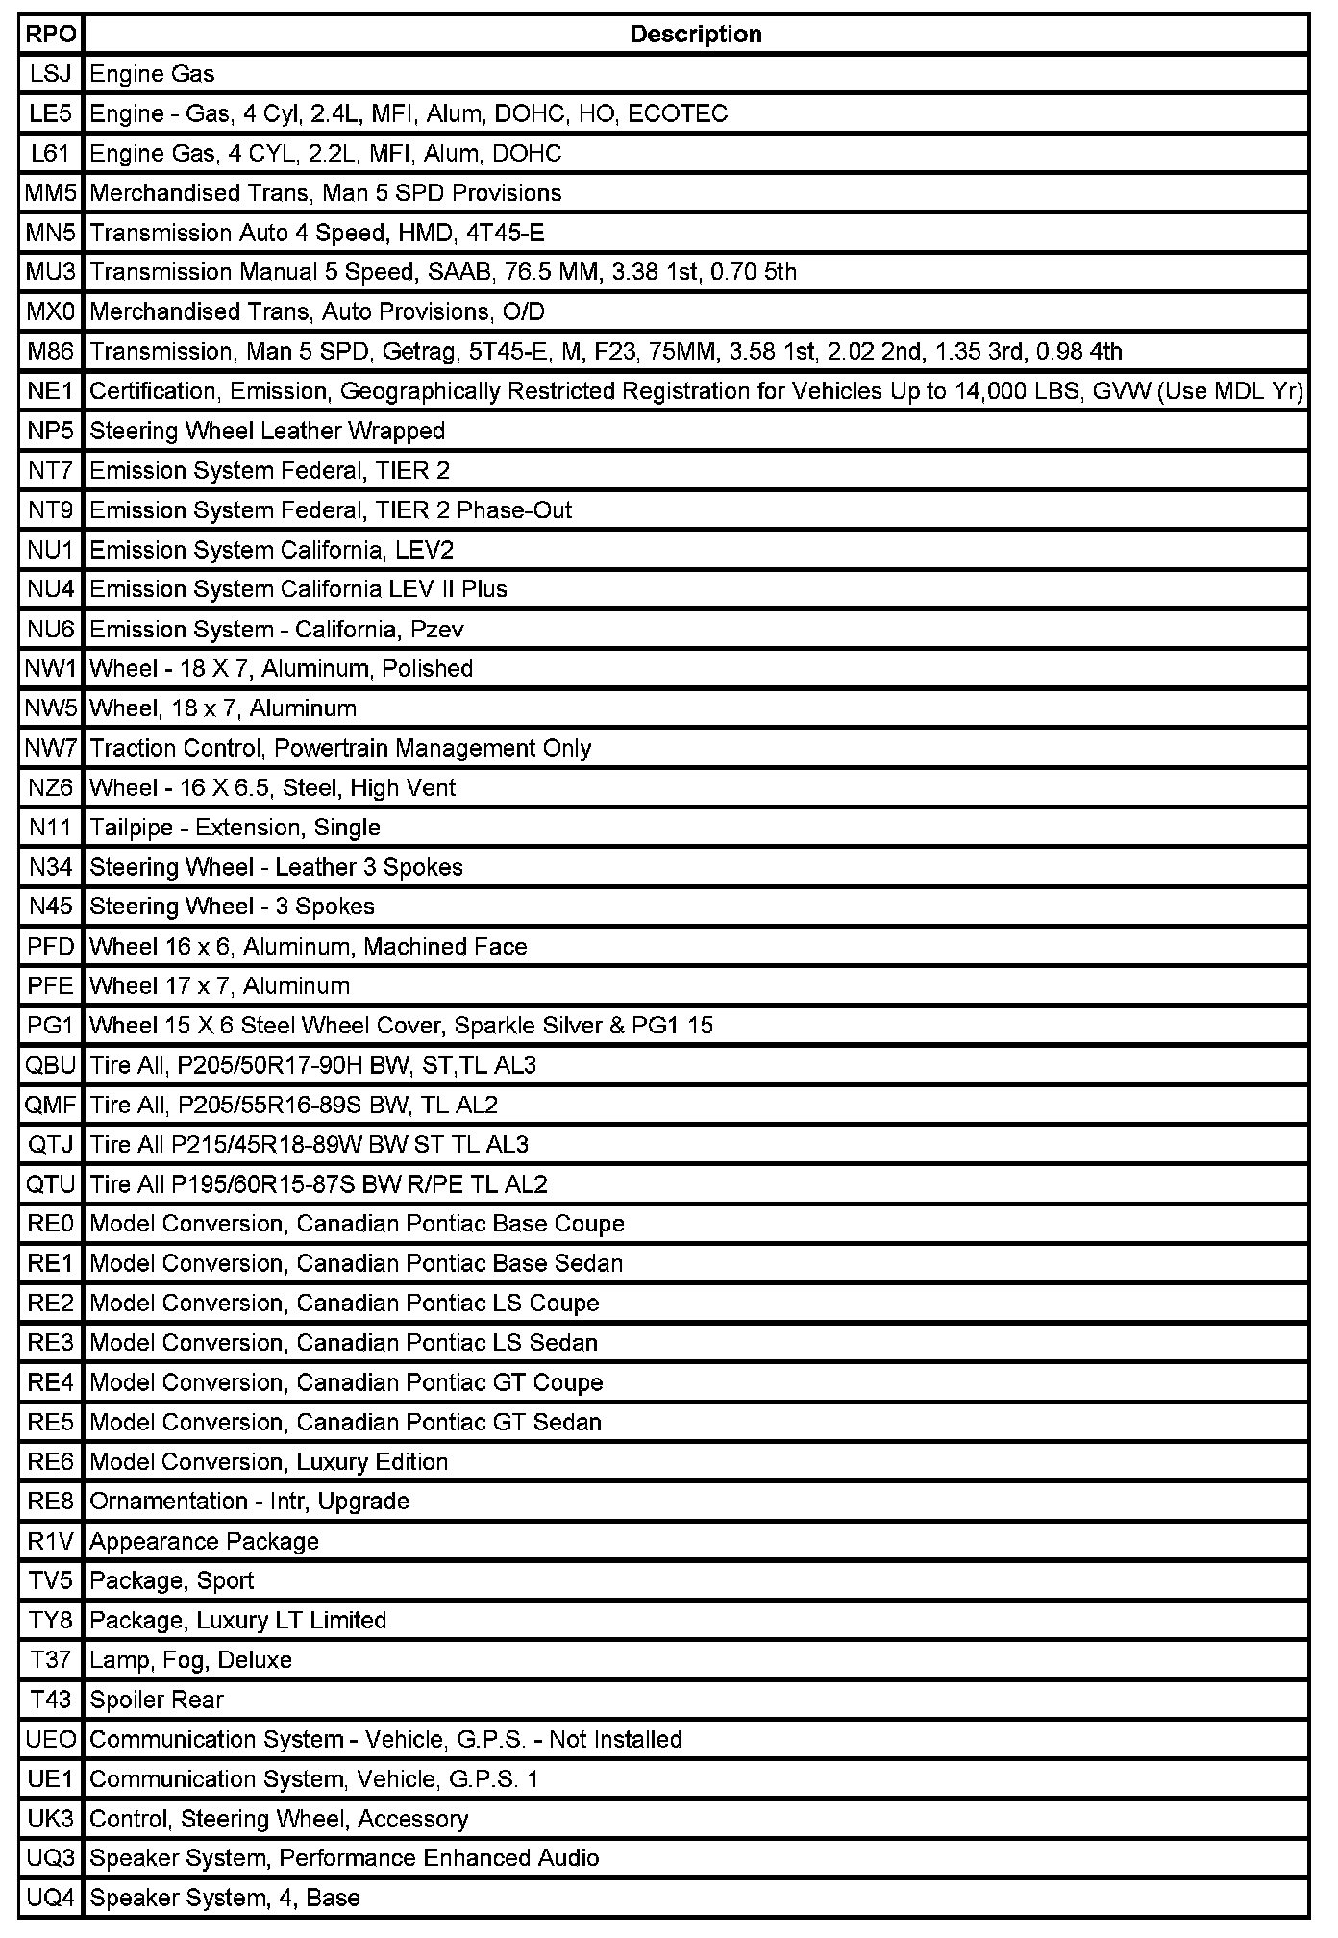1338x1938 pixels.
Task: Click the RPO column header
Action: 51,35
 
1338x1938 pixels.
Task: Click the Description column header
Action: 696,35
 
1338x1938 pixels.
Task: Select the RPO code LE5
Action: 51,114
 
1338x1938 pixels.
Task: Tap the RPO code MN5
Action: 51,233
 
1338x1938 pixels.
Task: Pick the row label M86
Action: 51,352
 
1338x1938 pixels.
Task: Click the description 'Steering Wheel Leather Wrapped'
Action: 267,431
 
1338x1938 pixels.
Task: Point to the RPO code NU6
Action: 51,630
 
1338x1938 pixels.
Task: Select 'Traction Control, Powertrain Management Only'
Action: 340,748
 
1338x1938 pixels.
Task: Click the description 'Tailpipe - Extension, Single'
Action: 235,828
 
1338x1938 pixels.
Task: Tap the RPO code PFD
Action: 51,947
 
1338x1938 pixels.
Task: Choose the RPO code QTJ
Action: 51,1145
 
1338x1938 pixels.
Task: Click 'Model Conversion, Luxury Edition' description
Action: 269,1462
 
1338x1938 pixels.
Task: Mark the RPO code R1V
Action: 51,1542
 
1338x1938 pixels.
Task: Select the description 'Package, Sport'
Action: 172,1581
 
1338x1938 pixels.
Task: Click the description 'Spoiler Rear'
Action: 157,1701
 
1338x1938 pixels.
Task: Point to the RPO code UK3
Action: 51,1820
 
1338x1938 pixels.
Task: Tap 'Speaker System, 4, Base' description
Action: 225,1899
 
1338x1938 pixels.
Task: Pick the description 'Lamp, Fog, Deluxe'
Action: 191,1660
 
